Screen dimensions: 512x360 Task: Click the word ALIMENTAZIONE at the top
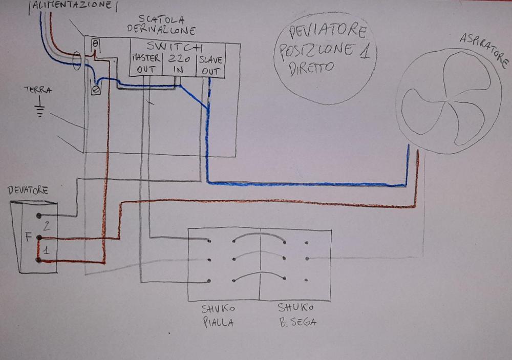click(73, 5)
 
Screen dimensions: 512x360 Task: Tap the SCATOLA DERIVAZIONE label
click(161, 25)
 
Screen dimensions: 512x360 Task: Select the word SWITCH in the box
click(175, 48)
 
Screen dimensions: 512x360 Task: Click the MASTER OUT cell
click(146, 63)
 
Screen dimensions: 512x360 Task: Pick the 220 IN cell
click(179, 64)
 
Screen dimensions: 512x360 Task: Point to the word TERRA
click(38, 90)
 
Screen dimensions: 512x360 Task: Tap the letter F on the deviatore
click(29, 237)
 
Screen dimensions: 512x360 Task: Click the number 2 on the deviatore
click(47, 226)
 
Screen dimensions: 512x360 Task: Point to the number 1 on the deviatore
click(46, 250)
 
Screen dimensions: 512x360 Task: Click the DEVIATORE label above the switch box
click(28, 190)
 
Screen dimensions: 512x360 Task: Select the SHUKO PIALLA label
click(218, 315)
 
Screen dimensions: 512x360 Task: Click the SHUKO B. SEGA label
click(297, 315)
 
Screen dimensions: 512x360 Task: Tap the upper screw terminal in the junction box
click(95, 44)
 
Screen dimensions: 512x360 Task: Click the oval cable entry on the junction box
click(77, 61)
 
